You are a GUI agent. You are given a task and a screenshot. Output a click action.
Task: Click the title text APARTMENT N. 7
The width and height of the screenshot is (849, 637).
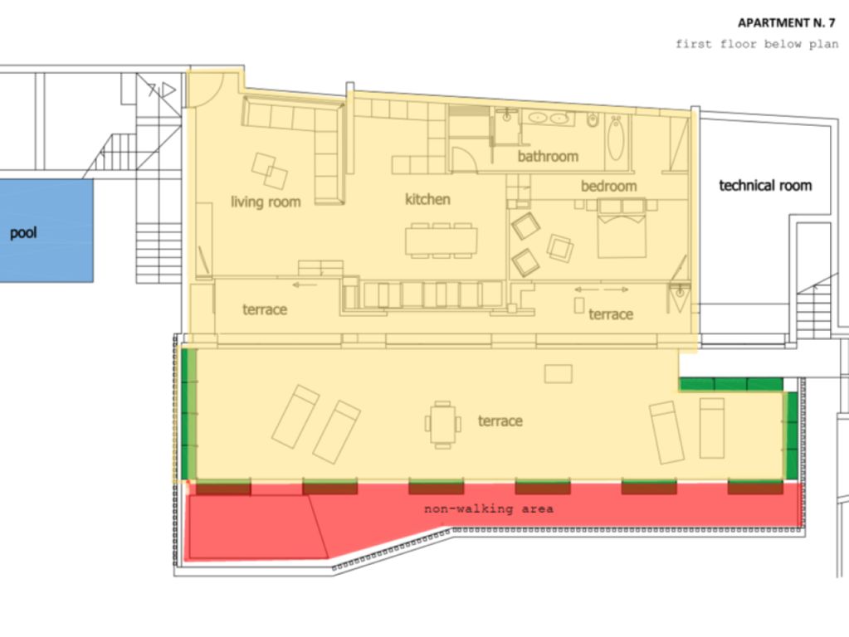pos(786,22)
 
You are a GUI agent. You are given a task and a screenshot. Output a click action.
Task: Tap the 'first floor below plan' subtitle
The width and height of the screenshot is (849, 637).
pos(756,44)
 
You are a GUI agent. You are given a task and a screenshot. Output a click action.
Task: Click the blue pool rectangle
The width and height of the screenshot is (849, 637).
pos(46,231)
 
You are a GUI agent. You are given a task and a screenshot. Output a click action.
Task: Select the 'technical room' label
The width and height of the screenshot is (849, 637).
pos(765,186)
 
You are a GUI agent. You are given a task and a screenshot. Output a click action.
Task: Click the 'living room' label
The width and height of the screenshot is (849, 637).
pos(266,202)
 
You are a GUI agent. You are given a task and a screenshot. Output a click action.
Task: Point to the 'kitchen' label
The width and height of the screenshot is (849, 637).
pos(427,199)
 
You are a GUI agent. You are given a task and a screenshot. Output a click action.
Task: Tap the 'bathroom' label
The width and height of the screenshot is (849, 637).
pos(548,157)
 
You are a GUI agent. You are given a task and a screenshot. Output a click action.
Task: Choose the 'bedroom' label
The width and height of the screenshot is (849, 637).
pos(608,186)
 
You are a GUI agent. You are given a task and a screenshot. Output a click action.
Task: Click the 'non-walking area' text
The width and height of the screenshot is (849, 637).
pos(488,508)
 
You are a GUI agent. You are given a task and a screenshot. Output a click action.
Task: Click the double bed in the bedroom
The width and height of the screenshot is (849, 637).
pos(622,228)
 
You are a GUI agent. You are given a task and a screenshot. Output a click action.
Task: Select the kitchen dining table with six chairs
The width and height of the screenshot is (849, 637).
pos(442,240)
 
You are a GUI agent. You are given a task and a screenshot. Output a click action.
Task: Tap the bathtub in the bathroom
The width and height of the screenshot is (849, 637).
pos(616,139)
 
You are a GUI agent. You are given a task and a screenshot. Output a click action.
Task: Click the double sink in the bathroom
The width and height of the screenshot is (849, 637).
pos(549,118)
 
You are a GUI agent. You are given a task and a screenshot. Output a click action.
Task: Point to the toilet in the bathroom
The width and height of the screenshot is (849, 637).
pos(593,119)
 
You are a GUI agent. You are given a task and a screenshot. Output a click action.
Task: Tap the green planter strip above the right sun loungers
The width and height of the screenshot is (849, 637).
pos(731,384)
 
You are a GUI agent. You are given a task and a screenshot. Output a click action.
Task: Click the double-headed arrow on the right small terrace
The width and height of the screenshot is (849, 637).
pos(602,289)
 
